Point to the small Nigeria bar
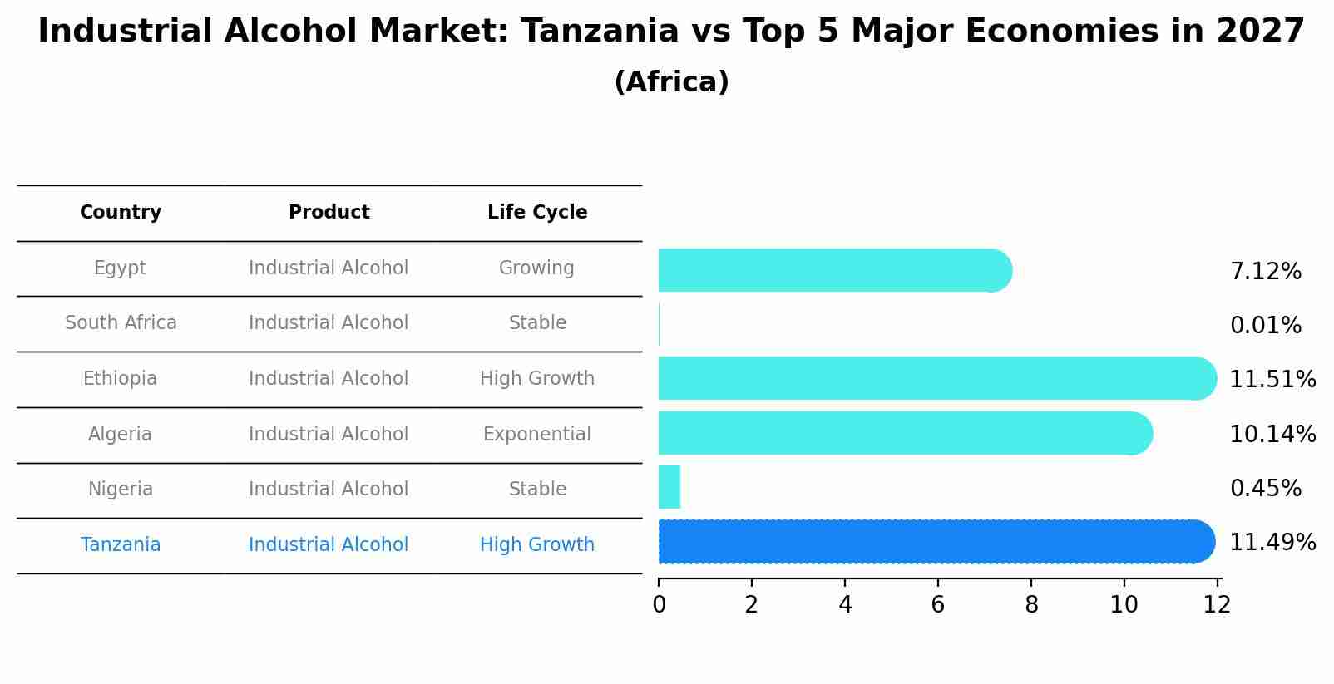click(669, 487)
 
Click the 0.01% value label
click(1265, 326)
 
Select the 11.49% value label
click(1272, 543)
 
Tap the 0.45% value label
click(1265, 489)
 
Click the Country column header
click(121, 213)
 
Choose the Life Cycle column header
click(537, 213)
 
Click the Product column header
click(329, 213)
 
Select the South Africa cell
click(121, 323)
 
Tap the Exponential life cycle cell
click(537, 435)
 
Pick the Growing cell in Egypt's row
click(536, 268)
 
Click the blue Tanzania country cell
click(121, 545)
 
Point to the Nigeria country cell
click(121, 490)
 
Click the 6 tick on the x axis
click(938, 605)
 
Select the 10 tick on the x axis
click(1124, 605)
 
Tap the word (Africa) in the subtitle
click(671, 82)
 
